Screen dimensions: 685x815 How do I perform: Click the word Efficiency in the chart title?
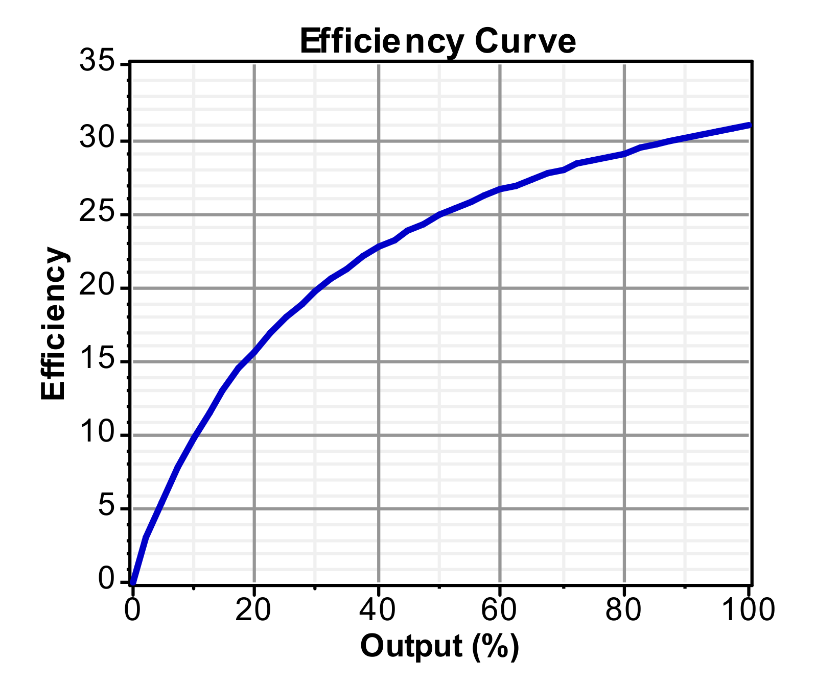coord(382,42)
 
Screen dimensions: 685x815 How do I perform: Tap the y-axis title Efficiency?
coord(53,324)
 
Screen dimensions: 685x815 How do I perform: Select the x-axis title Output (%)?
coord(439,646)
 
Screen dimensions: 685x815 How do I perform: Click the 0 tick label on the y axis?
coord(106,580)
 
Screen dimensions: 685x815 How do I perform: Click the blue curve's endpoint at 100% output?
coord(749,125)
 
